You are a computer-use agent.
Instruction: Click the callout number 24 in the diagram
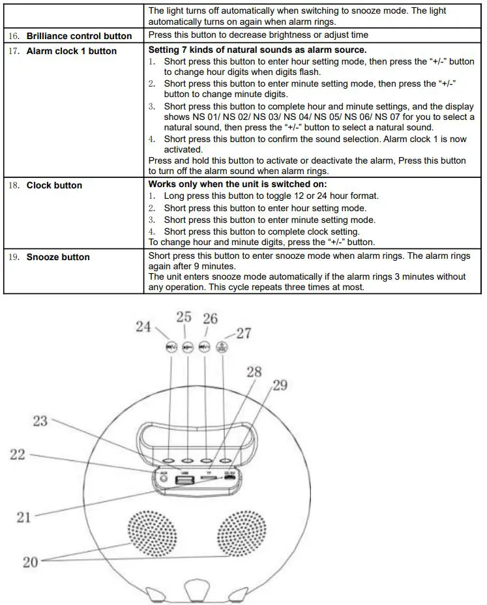[x=143, y=327]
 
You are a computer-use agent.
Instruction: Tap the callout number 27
[x=243, y=333]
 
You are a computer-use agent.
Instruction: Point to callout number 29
[x=279, y=385]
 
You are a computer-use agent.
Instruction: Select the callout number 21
[x=24, y=518]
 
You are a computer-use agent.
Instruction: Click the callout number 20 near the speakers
[x=31, y=561]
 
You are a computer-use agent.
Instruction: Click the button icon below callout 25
[x=188, y=347]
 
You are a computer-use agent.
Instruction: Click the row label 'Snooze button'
[x=58, y=257]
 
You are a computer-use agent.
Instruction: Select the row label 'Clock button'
[x=54, y=185]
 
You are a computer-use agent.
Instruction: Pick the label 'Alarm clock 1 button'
[x=71, y=51]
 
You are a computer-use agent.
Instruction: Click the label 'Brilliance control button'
[x=79, y=36]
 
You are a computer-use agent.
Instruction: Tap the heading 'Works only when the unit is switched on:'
[x=237, y=184]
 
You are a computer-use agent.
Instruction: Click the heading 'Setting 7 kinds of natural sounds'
[x=258, y=50]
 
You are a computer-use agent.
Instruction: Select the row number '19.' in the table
[x=16, y=257]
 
